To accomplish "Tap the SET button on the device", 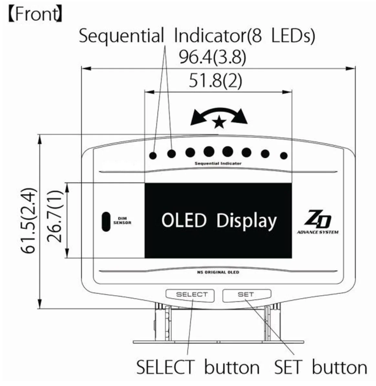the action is (x=246, y=294).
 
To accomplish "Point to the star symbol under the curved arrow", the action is (x=219, y=122).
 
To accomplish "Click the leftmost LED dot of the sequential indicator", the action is (x=153, y=156).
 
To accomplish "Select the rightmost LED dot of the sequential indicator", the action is (x=284, y=156).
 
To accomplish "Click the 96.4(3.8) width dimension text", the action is (x=213, y=58).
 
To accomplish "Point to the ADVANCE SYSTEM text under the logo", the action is (x=318, y=232).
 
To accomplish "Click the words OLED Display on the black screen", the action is (x=219, y=221).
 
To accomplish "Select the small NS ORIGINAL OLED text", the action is (x=218, y=272).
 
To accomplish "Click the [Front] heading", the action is (x=35, y=15).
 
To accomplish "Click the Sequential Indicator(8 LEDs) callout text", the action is (x=196, y=36).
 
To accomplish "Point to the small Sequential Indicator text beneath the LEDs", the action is (x=218, y=164).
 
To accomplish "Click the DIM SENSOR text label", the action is (x=122, y=221).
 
